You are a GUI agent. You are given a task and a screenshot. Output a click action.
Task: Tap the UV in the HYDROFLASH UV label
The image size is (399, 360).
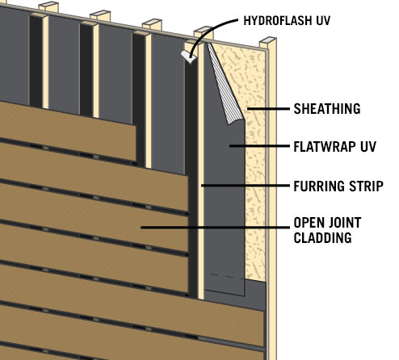point(323,21)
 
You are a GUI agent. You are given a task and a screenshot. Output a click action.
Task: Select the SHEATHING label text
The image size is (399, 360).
point(327,109)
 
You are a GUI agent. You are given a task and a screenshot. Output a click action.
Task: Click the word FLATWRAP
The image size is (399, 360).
point(325,147)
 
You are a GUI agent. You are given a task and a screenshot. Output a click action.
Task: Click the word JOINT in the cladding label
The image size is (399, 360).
point(345,223)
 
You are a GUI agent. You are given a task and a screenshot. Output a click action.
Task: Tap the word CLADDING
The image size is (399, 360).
point(322,238)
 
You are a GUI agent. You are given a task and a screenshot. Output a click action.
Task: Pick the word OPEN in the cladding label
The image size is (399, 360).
point(309,223)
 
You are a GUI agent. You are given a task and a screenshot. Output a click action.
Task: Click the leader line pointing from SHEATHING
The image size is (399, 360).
point(268,109)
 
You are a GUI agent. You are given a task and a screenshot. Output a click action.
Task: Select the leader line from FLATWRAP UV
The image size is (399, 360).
point(259,146)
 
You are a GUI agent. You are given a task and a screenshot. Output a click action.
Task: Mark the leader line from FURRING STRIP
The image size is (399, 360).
point(246,186)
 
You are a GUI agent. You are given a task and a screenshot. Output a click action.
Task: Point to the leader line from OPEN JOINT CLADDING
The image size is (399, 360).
point(215,228)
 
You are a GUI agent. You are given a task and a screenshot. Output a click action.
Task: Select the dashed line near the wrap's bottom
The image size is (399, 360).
point(221,275)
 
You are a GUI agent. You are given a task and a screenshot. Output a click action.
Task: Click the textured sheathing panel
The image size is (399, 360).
point(255,161)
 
